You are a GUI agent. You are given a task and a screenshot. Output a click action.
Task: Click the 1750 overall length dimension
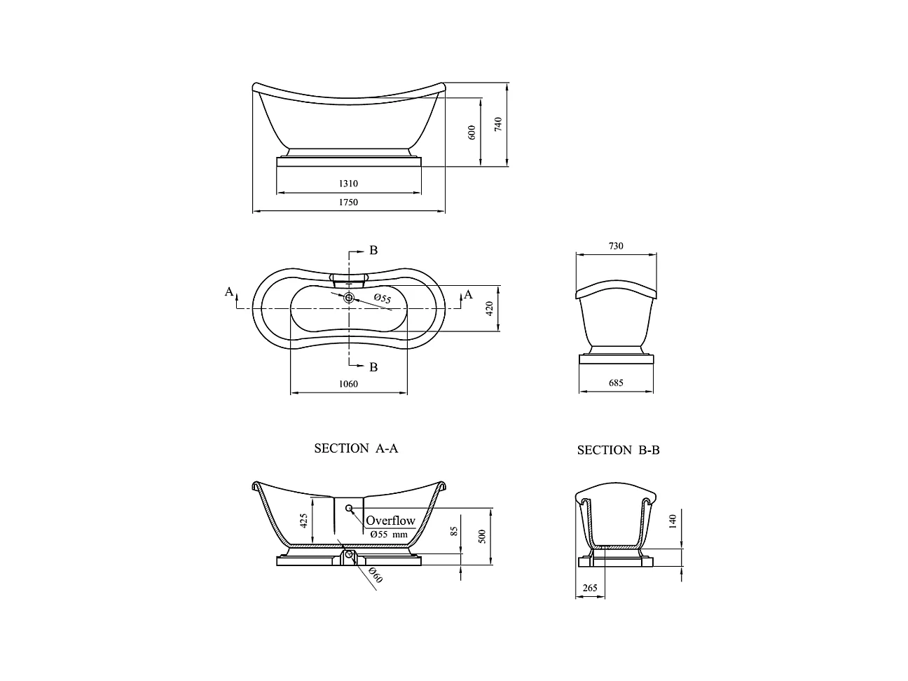click(x=348, y=202)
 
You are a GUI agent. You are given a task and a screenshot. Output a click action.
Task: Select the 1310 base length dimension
click(x=348, y=184)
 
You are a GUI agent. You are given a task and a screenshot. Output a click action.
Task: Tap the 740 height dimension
click(x=498, y=125)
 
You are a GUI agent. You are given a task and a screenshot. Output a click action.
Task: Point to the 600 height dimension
click(x=472, y=132)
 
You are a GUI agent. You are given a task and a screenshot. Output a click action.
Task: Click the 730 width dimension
click(x=616, y=246)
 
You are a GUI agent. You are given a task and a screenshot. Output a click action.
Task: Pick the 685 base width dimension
click(x=616, y=383)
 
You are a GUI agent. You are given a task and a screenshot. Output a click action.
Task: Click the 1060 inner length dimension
click(x=348, y=384)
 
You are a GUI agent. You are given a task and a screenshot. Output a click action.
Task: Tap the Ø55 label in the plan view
click(x=382, y=299)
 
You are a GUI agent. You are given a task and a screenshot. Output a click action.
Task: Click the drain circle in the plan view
click(x=349, y=298)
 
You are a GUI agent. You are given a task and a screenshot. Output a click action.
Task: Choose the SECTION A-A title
click(x=356, y=448)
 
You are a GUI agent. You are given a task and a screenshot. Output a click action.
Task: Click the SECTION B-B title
click(x=618, y=450)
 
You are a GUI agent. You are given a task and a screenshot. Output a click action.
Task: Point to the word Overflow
click(x=390, y=521)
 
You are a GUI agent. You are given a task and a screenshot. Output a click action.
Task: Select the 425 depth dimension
click(x=303, y=521)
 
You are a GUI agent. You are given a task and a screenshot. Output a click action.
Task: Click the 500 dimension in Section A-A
click(x=481, y=536)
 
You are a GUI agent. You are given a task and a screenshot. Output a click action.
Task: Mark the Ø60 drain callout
click(x=376, y=576)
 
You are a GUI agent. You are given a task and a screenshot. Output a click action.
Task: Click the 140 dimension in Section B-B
click(x=673, y=521)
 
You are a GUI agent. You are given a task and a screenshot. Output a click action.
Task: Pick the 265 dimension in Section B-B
click(x=590, y=588)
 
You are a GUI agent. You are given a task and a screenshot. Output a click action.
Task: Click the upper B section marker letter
click(x=373, y=250)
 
